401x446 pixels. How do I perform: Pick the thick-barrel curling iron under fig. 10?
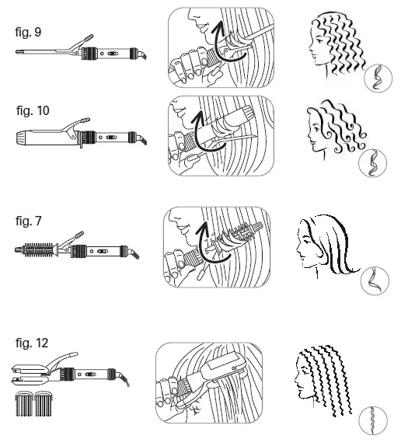click(x=78, y=138)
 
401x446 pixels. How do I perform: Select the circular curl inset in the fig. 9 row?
click(x=376, y=78)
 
